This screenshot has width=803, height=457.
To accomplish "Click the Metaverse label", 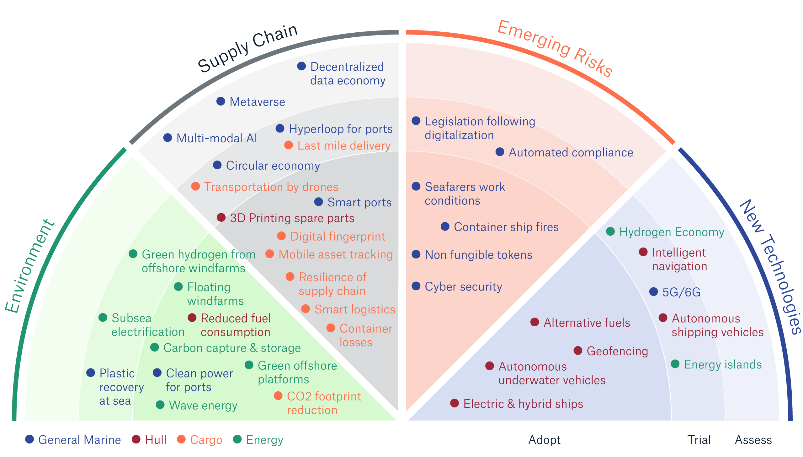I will (257, 102).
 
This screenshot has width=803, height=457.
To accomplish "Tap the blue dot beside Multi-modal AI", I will (168, 138).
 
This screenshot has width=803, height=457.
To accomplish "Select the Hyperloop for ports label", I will (340, 129).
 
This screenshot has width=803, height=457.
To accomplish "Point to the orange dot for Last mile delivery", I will (288, 145).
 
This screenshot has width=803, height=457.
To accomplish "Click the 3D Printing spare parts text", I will (292, 218).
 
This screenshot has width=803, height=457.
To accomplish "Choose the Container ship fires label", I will (506, 227).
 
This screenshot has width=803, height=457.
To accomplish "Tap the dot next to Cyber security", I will (416, 286).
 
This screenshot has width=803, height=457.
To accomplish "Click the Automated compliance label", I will (571, 153).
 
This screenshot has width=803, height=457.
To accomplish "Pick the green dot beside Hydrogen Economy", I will (610, 231).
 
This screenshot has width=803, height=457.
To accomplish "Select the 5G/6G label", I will (681, 292).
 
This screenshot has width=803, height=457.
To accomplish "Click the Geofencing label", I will (617, 351).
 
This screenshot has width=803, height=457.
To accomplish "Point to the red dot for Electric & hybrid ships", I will (455, 403).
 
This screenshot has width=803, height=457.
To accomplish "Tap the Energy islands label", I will (722, 365).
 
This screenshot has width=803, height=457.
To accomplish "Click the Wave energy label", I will (203, 405).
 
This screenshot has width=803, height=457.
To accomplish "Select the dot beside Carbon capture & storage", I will (154, 347).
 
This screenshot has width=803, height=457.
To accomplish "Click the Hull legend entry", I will (156, 440).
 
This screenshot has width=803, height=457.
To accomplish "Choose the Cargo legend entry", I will (206, 440).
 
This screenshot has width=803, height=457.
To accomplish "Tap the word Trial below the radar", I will (699, 440).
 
